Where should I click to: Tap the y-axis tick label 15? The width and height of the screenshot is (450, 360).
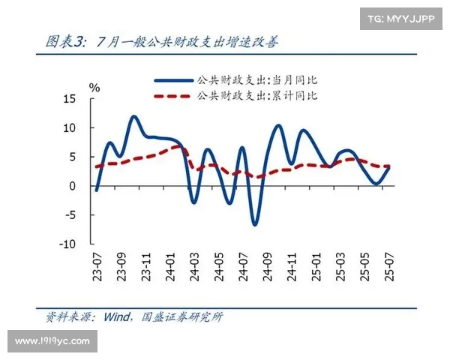(70, 99)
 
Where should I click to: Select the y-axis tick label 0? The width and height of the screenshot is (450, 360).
(73, 186)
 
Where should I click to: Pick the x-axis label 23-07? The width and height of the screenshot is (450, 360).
(97, 267)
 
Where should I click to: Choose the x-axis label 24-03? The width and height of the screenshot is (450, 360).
(194, 267)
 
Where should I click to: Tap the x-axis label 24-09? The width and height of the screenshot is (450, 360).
(266, 267)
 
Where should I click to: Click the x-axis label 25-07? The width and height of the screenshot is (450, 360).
(388, 267)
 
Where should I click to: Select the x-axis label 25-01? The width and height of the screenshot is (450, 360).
(315, 267)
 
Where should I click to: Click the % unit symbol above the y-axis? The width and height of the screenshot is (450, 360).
(94, 87)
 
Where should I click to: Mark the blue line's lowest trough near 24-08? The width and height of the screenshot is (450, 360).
(255, 223)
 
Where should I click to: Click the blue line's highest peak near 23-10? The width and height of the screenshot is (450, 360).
(134, 117)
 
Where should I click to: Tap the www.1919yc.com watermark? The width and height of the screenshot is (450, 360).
(52, 341)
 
